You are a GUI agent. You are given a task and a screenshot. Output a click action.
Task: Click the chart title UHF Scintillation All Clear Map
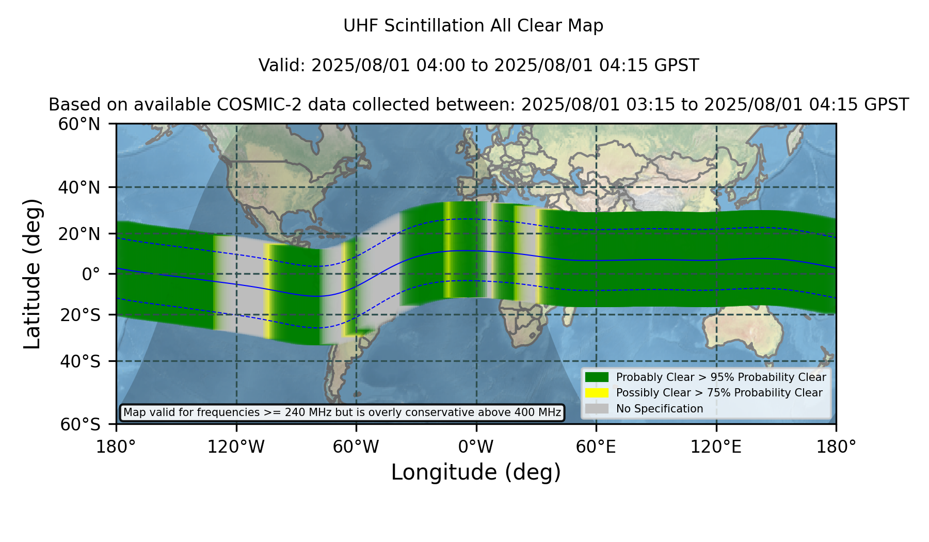tap(473, 26)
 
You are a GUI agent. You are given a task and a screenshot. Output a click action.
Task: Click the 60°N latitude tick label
tap(79, 124)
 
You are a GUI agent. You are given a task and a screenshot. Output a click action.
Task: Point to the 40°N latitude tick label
tap(79, 187)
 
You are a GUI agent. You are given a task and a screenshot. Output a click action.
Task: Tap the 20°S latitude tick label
tap(81, 314)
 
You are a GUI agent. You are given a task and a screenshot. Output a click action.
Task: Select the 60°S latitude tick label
tap(81, 424)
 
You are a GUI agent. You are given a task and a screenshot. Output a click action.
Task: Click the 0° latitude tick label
tap(91, 274)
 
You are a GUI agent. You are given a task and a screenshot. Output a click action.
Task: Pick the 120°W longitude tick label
tap(236, 447)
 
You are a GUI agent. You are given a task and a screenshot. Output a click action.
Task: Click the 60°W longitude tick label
tap(356, 447)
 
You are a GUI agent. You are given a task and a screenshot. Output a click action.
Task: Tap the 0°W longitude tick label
tap(476, 447)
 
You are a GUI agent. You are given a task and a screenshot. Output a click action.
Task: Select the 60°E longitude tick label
tap(596, 447)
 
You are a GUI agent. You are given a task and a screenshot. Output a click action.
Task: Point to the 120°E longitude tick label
tap(716, 447)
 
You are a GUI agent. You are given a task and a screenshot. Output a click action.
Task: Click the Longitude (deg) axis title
tap(476, 472)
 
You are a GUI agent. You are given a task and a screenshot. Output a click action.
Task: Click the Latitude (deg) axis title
tap(32, 274)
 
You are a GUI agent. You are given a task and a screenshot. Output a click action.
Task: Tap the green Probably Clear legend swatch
tap(597, 377)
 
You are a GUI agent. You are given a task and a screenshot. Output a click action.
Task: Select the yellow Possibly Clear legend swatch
tap(597, 392)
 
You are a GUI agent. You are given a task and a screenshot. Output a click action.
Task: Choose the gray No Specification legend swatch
tap(597, 408)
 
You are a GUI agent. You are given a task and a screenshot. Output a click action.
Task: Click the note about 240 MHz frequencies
tap(342, 412)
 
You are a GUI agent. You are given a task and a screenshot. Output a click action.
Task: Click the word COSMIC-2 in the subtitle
tap(250, 105)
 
